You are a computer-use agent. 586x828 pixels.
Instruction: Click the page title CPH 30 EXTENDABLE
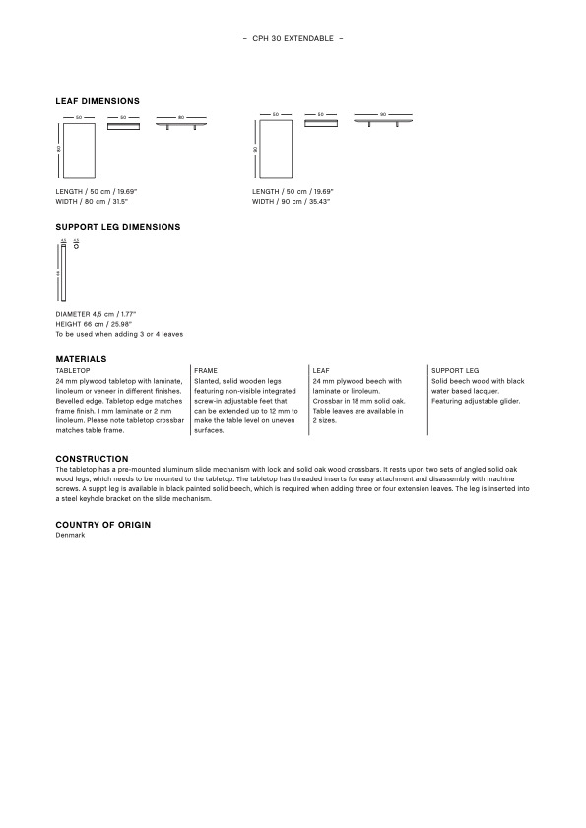pos(293,38)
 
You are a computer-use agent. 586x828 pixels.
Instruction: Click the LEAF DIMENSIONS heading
pos(98,101)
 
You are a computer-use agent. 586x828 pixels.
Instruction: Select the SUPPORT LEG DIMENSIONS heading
pos(118,227)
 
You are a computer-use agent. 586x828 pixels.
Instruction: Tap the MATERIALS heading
pos(81,359)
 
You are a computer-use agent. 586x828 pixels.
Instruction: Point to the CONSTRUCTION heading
pos(92,459)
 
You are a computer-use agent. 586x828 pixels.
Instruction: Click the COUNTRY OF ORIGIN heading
pos(102,525)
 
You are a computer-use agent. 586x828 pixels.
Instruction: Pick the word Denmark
pos(71,535)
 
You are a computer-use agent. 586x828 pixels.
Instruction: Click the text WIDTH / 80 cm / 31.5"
pos(96,201)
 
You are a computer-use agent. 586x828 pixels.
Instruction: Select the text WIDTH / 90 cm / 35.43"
pos(291,201)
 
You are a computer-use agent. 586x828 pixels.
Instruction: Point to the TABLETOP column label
pos(72,370)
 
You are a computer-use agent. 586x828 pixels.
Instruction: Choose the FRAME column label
pos(206,370)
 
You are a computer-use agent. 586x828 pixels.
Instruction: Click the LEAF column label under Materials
pos(320,370)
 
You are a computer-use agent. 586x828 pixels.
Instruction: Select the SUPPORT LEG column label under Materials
pos(455,370)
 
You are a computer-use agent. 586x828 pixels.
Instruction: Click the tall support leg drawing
pos(63,273)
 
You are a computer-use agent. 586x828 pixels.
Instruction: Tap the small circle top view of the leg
pos(76,246)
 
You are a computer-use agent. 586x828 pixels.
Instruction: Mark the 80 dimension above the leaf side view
pos(181,116)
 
